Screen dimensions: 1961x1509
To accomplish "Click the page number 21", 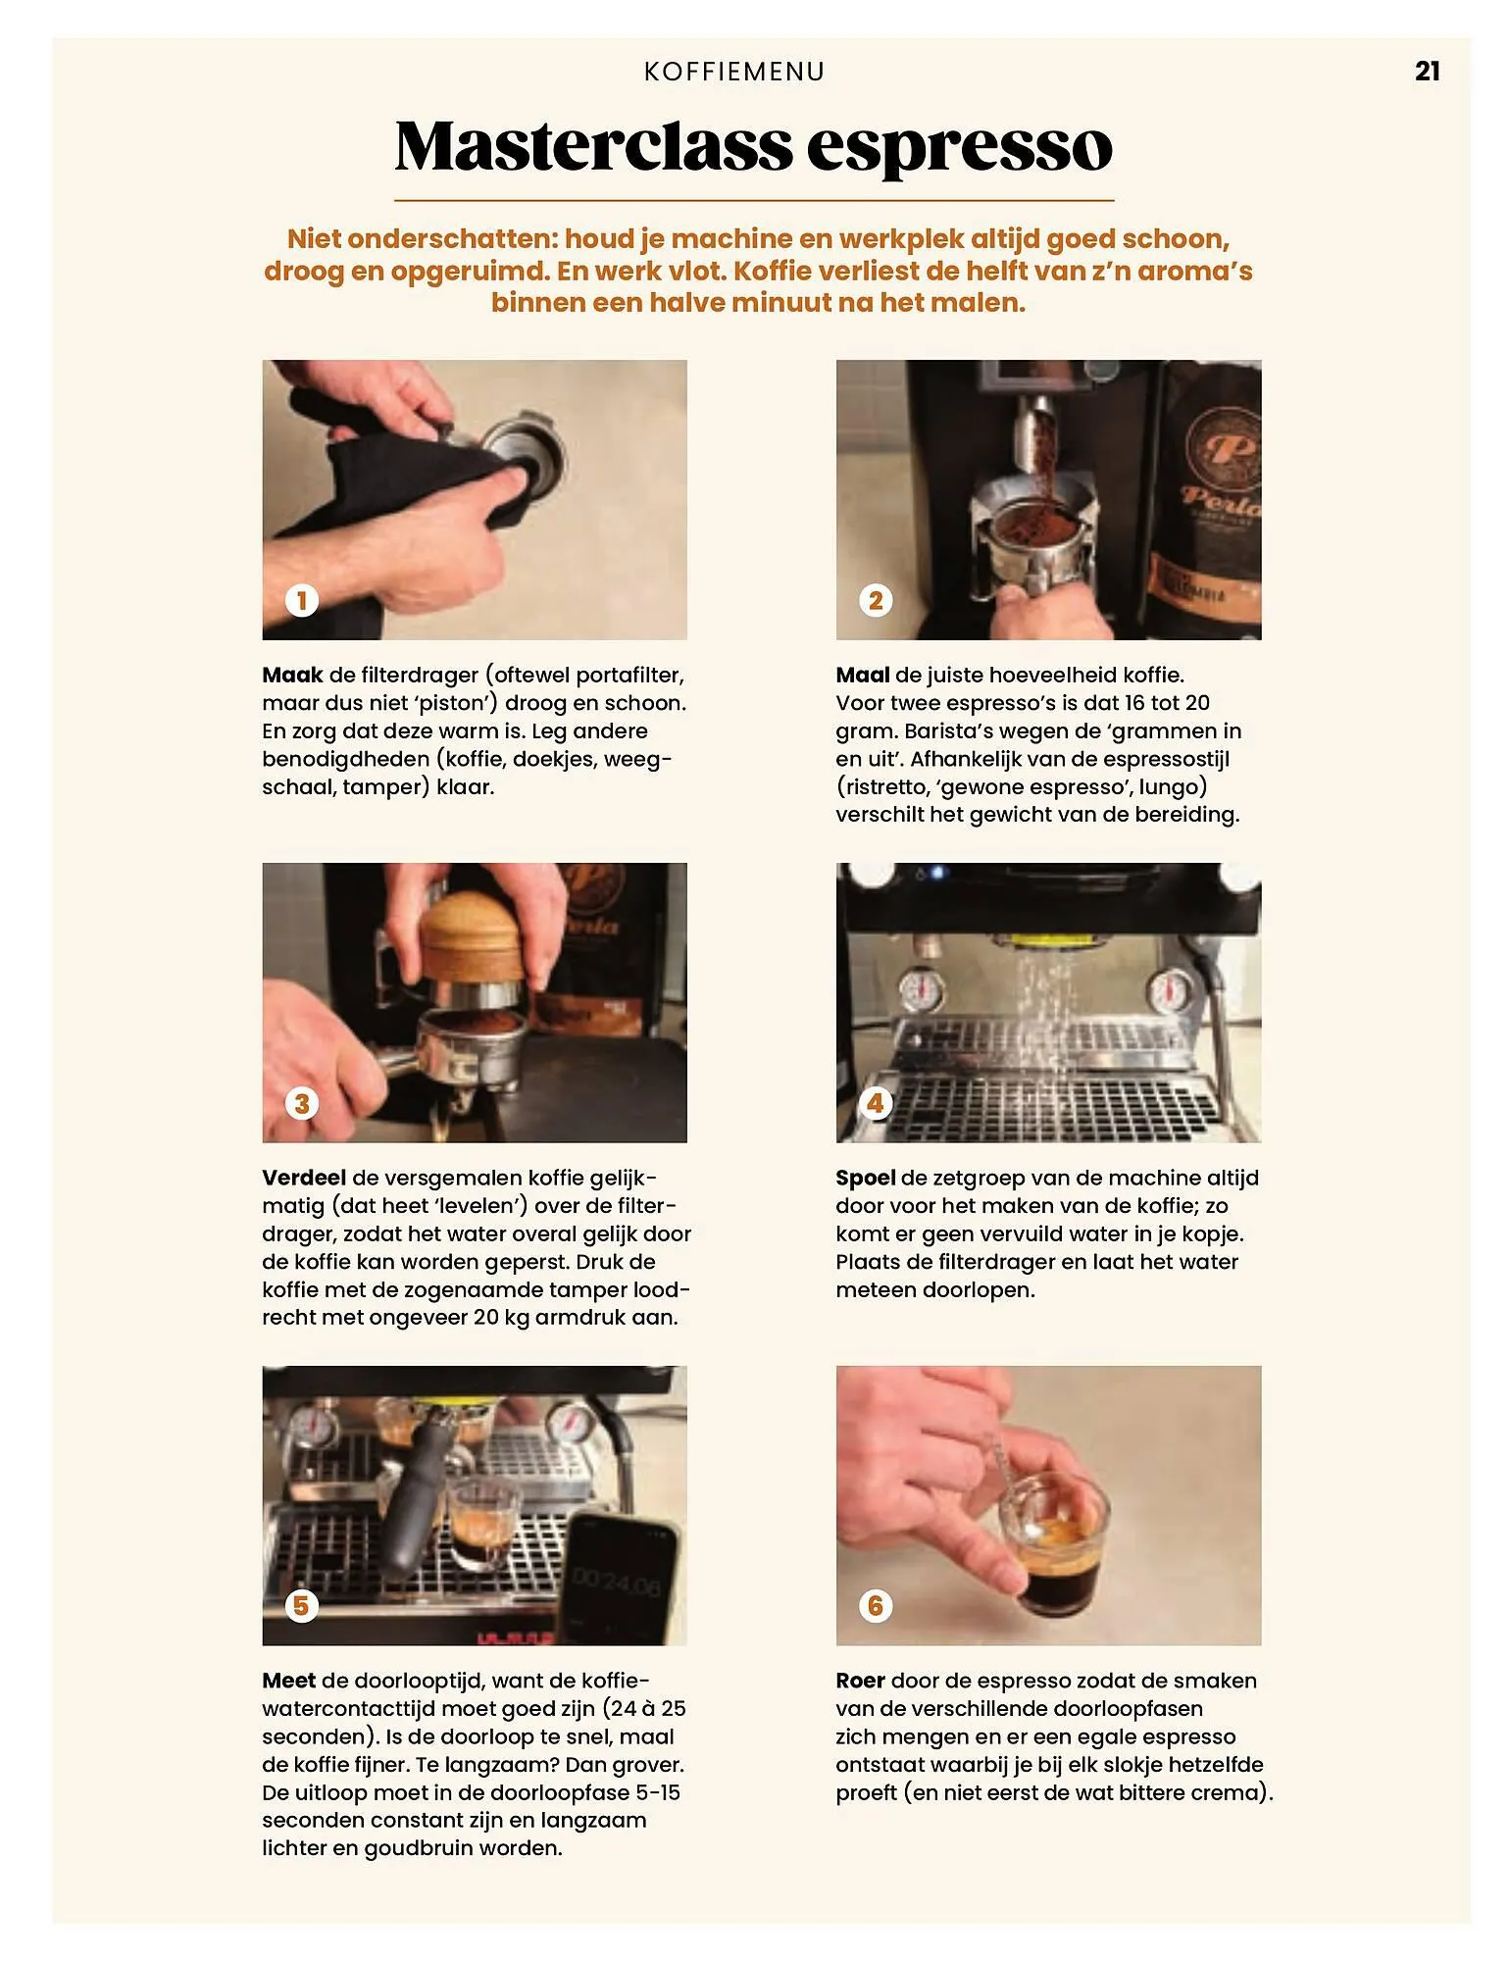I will [x=1427, y=72].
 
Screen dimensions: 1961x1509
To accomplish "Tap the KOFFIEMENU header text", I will [x=734, y=72].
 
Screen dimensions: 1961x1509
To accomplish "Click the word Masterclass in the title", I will [x=592, y=146].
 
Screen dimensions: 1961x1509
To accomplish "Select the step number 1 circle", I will [x=302, y=600].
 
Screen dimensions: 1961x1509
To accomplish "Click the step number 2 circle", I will [x=876, y=600].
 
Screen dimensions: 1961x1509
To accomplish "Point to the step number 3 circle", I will [x=302, y=1103].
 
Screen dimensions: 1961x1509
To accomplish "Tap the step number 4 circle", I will [x=876, y=1103].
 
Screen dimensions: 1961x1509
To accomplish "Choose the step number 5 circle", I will [x=302, y=1606].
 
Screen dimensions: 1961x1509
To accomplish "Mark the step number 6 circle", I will [x=876, y=1606].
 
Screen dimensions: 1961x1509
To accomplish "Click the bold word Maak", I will [x=292, y=676].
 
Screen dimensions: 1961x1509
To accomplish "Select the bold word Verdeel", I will [x=304, y=1179].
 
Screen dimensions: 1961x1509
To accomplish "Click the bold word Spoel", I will [x=865, y=1179].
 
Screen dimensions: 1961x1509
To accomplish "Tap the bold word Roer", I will [x=860, y=1682].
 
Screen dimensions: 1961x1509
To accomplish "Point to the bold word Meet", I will [x=288, y=1682].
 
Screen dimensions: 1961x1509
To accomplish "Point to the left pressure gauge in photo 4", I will [x=923, y=990].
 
